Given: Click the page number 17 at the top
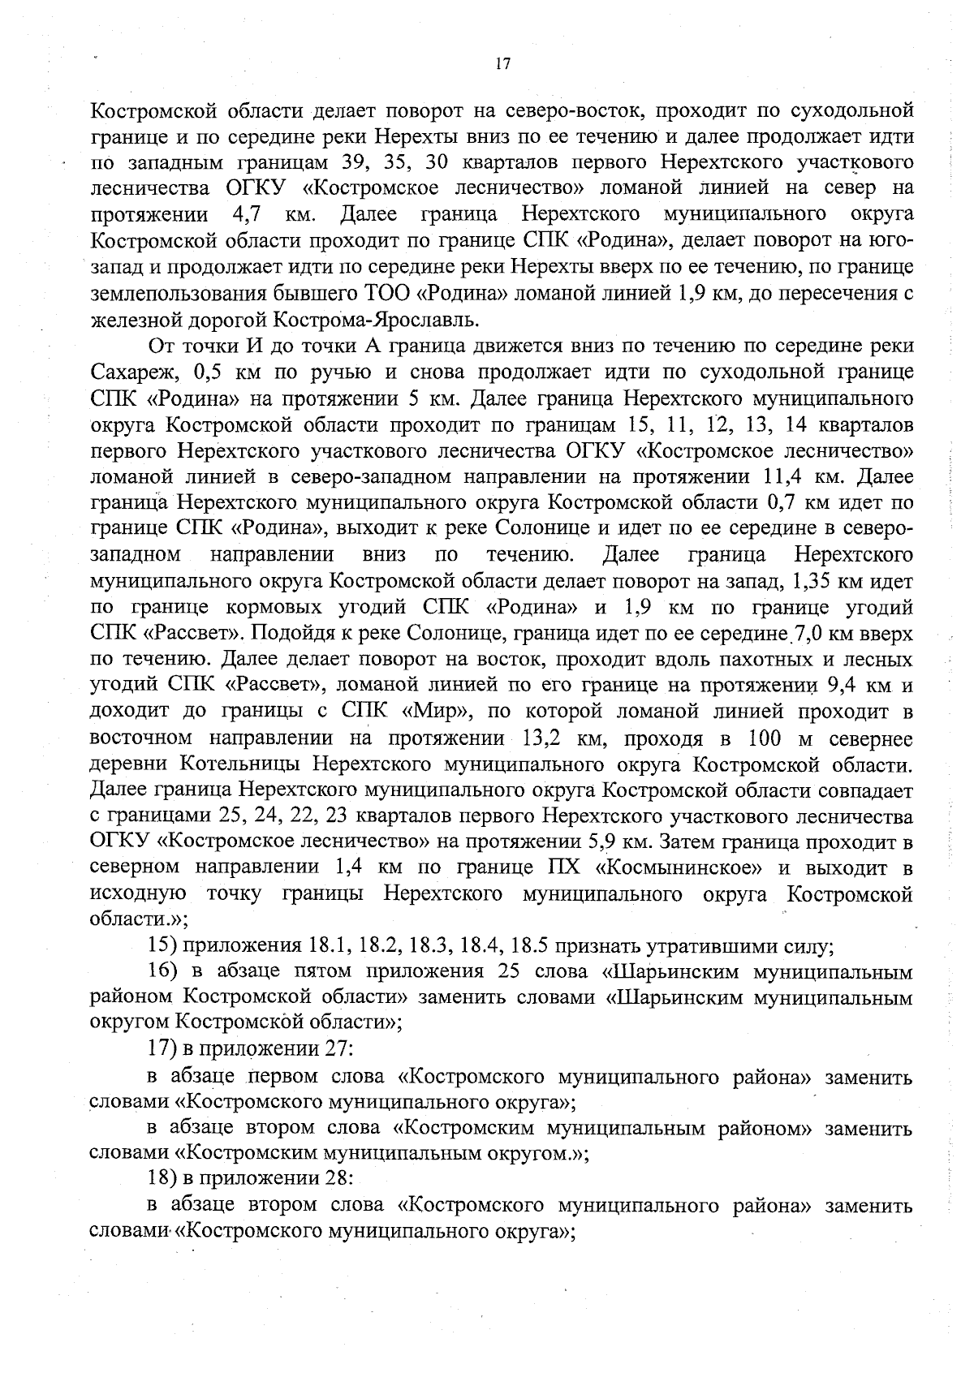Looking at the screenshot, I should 502,64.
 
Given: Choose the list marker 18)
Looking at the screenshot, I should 162,1177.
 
